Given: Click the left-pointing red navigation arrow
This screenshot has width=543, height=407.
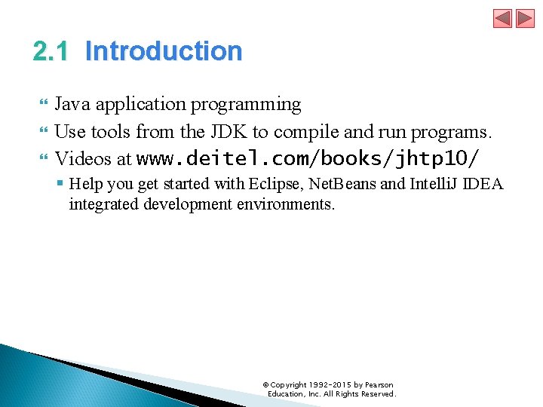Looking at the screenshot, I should click(x=502, y=18).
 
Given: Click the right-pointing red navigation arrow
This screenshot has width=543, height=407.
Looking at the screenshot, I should click(x=525, y=18).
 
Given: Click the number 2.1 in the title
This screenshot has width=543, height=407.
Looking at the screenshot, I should click(x=51, y=51).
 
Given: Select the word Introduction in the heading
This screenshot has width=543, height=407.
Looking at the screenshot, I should click(x=164, y=51).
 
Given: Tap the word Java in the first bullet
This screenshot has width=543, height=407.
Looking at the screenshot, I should click(x=72, y=104).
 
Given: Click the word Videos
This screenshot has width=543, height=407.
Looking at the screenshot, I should click(x=84, y=159).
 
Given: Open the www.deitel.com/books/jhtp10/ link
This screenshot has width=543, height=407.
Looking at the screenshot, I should click(x=308, y=159).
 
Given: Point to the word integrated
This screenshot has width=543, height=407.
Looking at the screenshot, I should click(x=103, y=204).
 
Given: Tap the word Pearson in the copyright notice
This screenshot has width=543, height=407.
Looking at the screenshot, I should click(x=379, y=385).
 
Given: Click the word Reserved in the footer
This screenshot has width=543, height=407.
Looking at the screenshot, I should click(x=378, y=394).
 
